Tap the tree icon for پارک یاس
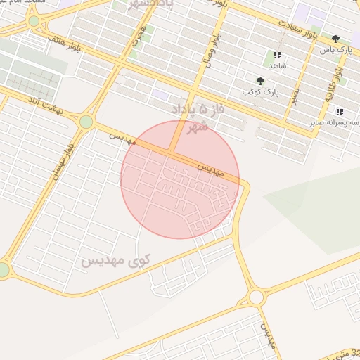click(335, 39)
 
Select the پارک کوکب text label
click(257, 92)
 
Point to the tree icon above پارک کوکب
click(261, 81)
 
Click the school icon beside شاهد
click(277, 54)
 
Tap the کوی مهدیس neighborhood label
click(115, 262)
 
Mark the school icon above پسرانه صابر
click(340, 112)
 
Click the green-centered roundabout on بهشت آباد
click(86, 122)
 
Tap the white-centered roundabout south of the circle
click(256, 297)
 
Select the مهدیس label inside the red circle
click(210, 169)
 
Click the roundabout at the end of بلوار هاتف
click(34, 22)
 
